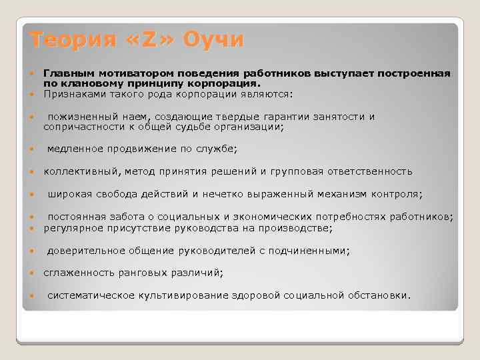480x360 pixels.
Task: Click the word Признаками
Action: pos(73,94)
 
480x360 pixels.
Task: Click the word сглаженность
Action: pos(77,273)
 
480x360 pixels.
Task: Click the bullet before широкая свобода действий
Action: pos(33,195)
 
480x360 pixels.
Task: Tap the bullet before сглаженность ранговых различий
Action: pos(33,273)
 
